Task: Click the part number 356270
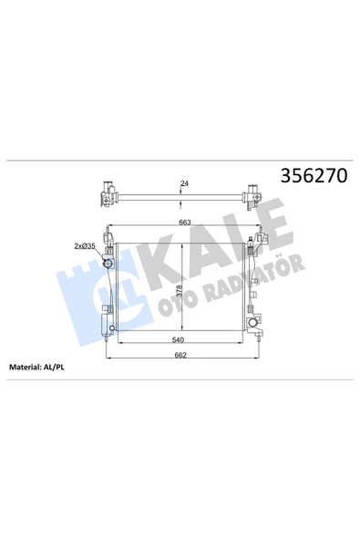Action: (314, 176)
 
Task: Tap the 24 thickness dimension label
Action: (184, 183)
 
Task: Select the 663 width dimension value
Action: (184, 223)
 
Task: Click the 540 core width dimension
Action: (178, 340)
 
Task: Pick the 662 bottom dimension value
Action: (180, 355)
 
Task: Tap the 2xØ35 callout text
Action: (85, 246)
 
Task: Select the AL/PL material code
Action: (54, 367)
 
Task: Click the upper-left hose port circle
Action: (108, 264)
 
